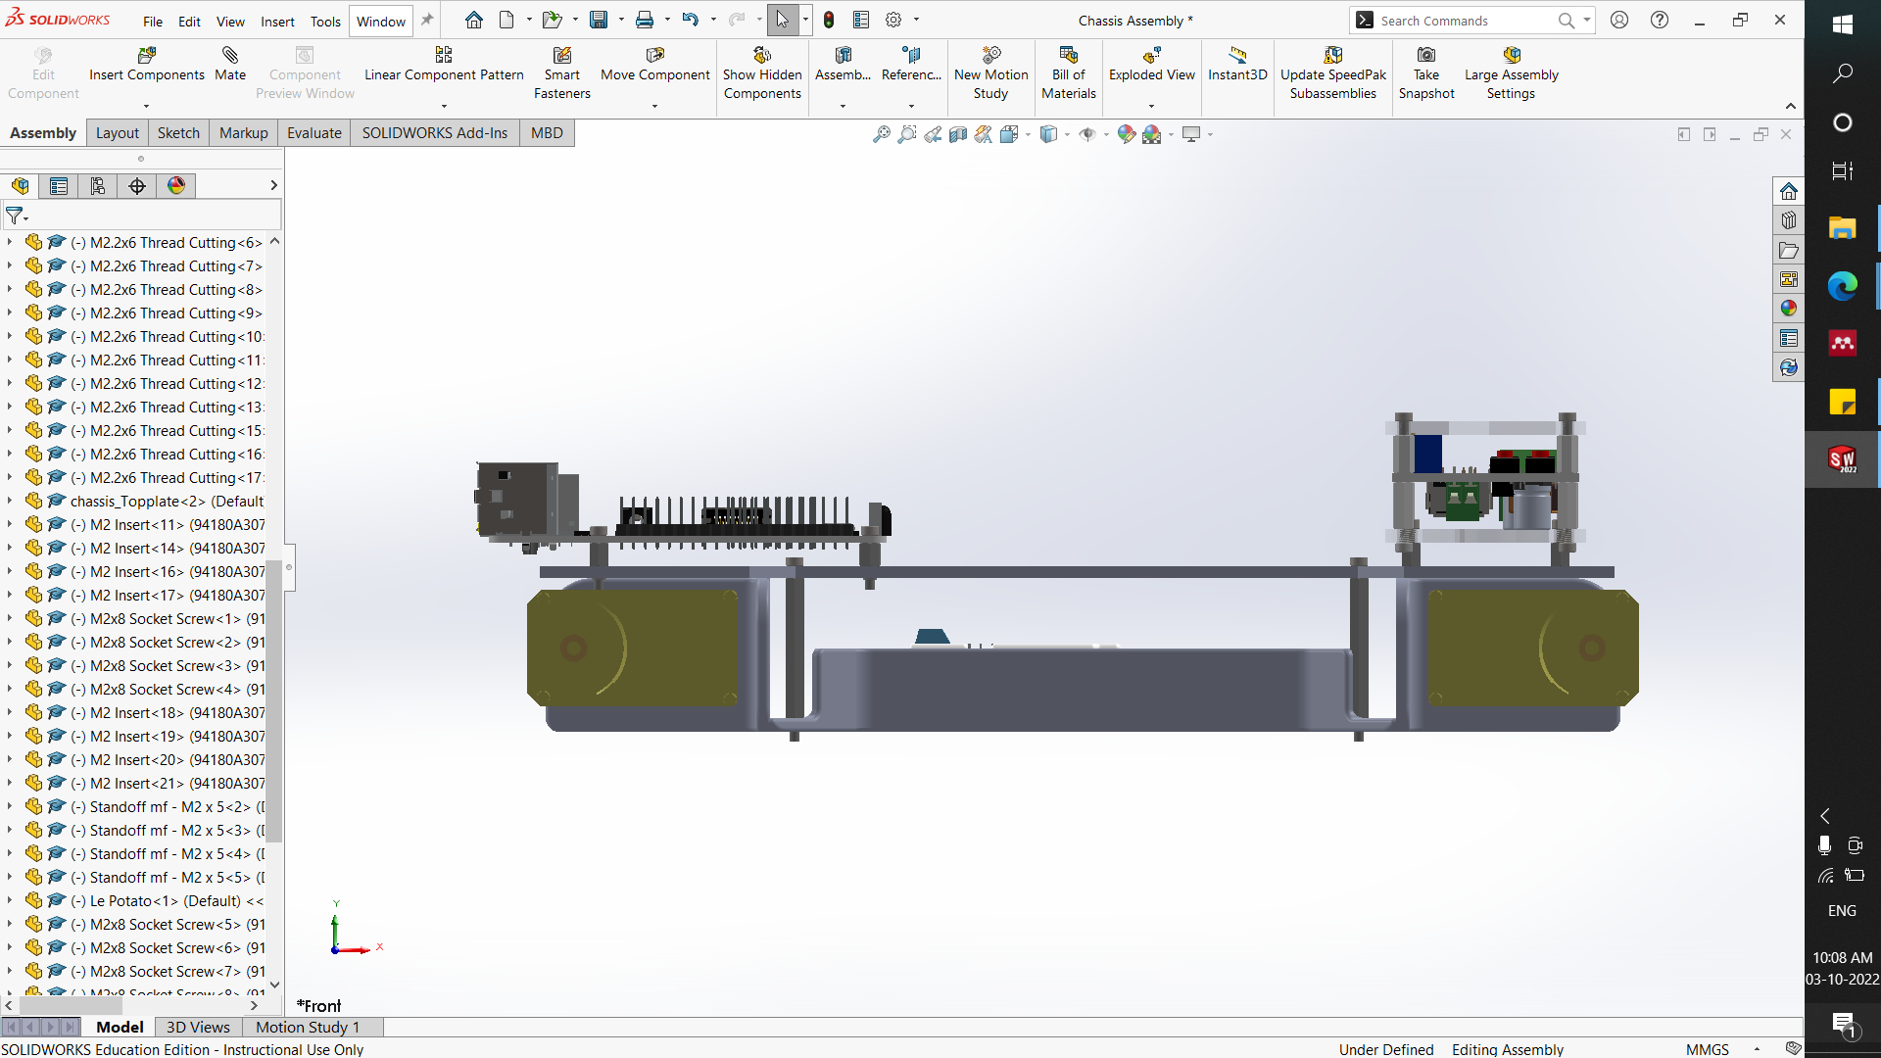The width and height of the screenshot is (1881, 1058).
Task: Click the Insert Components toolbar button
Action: click(147, 65)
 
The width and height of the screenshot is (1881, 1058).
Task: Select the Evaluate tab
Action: click(313, 133)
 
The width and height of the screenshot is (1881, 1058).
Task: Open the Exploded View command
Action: click(1151, 65)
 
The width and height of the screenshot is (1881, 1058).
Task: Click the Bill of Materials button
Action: click(1068, 73)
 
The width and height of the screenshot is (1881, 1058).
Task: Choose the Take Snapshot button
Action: click(1426, 73)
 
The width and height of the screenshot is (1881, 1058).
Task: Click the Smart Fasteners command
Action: click(561, 73)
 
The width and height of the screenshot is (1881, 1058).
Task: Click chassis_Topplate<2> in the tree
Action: click(167, 501)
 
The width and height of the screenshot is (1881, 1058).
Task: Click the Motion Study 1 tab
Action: click(308, 1027)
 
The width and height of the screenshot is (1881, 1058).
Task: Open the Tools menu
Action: click(325, 21)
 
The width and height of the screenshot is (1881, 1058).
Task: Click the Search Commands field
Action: click(1465, 21)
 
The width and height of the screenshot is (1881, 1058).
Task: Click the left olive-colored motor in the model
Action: click(632, 648)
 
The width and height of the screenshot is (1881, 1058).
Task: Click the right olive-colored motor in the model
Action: click(1531, 648)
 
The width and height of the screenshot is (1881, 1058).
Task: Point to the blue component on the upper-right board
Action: click(1427, 454)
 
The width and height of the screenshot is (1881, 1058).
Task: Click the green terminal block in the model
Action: click(1462, 502)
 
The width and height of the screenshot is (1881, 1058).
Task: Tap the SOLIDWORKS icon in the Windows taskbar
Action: click(1842, 458)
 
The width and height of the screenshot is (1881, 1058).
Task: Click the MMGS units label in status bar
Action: click(1707, 1049)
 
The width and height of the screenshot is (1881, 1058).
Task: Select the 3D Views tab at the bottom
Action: click(198, 1027)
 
